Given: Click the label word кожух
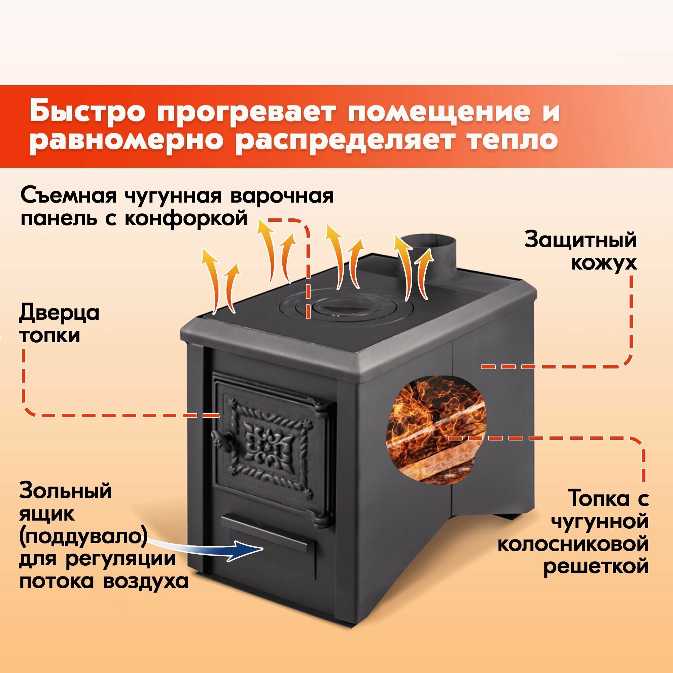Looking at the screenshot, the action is pos(604,263).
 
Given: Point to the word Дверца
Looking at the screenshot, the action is pos(59,313).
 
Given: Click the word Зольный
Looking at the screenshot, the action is pos(66,491).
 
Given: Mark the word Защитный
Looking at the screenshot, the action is pos(580,240).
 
